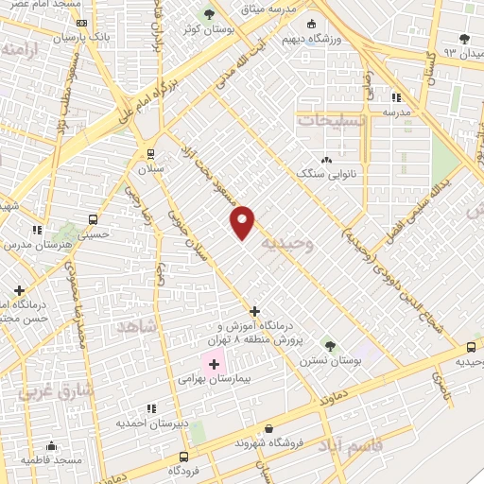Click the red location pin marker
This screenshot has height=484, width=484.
click(x=243, y=221)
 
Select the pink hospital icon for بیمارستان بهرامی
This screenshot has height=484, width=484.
click(x=215, y=363)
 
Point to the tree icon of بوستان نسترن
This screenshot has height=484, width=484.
click(x=329, y=344)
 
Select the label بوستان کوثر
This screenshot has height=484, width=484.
click(x=210, y=29)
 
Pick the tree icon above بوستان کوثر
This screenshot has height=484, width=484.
click(x=210, y=14)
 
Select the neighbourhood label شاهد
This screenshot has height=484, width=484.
click(x=134, y=326)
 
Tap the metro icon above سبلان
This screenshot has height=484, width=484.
click(x=150, y=153)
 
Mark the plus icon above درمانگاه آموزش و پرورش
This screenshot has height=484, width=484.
click(x=254, y=311)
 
